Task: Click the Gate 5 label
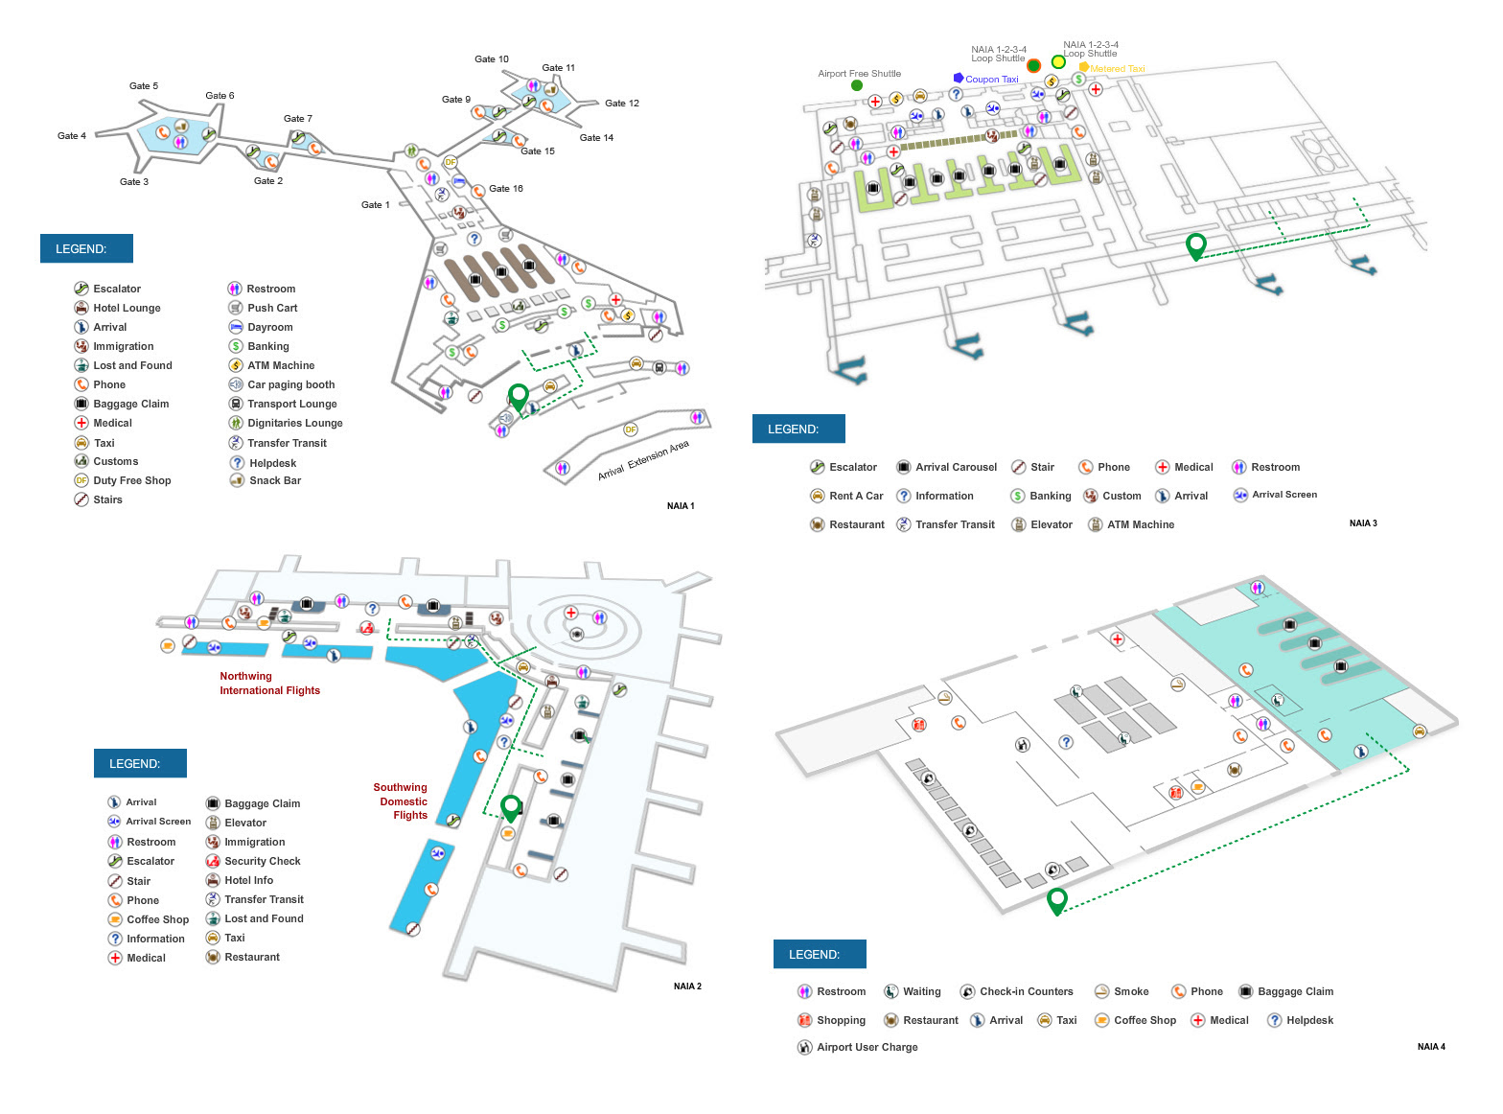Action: (144, 86)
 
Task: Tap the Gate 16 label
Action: (505, 189)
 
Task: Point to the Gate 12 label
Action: (621, 104)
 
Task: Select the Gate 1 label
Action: (375, 205)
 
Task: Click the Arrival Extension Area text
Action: (643, 461)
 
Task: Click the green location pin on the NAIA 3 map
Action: (1195, 245)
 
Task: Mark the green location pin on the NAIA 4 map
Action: (1057, 900)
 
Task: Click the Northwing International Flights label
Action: (269, 684)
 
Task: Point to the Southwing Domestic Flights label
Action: (402, 801)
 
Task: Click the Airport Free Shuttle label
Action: (859, 74)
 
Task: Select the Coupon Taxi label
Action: (991, 80)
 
